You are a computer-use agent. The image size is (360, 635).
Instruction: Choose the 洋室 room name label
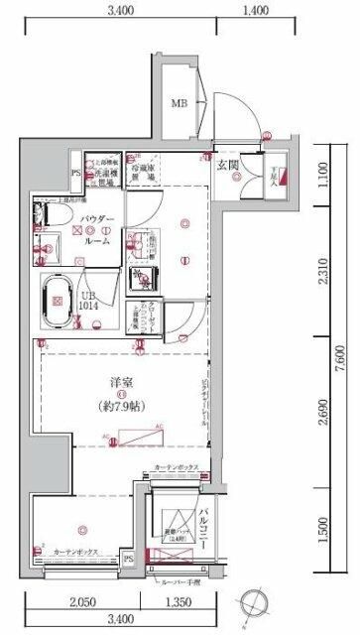click(122, 381)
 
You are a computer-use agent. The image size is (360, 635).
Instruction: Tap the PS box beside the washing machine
click(75, 172)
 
